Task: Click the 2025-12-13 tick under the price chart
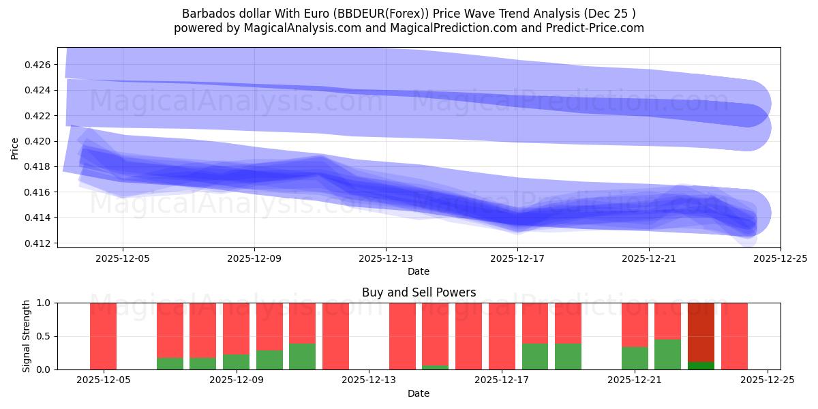pos(386,258)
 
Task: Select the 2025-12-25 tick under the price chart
pos(781,258)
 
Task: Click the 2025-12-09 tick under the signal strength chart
pos(236,381)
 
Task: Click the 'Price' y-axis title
pos(15,148)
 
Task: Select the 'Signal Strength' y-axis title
pos(27,336)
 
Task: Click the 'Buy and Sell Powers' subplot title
pos(419,292)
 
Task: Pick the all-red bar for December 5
pos(103,336)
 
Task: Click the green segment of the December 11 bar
pos(302,357)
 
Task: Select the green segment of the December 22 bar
pos(667,354)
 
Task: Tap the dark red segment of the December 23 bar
pos(701,331)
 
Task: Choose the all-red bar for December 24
pos(734,336)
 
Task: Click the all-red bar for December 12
pos(335,336)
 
